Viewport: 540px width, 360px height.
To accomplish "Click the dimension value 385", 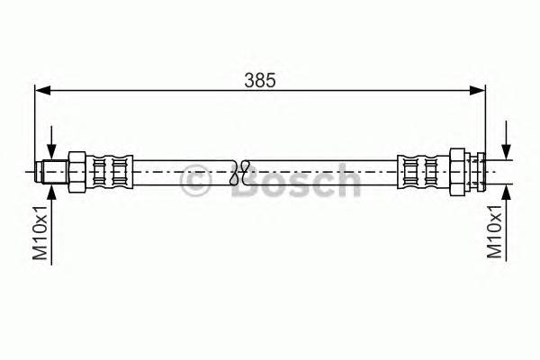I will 259,79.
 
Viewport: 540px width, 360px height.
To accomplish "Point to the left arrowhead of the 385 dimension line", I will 41,90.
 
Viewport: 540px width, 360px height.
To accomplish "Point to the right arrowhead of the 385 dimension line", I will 479,90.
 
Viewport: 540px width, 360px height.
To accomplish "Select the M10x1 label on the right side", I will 494,231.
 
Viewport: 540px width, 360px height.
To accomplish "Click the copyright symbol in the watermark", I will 196,182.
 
